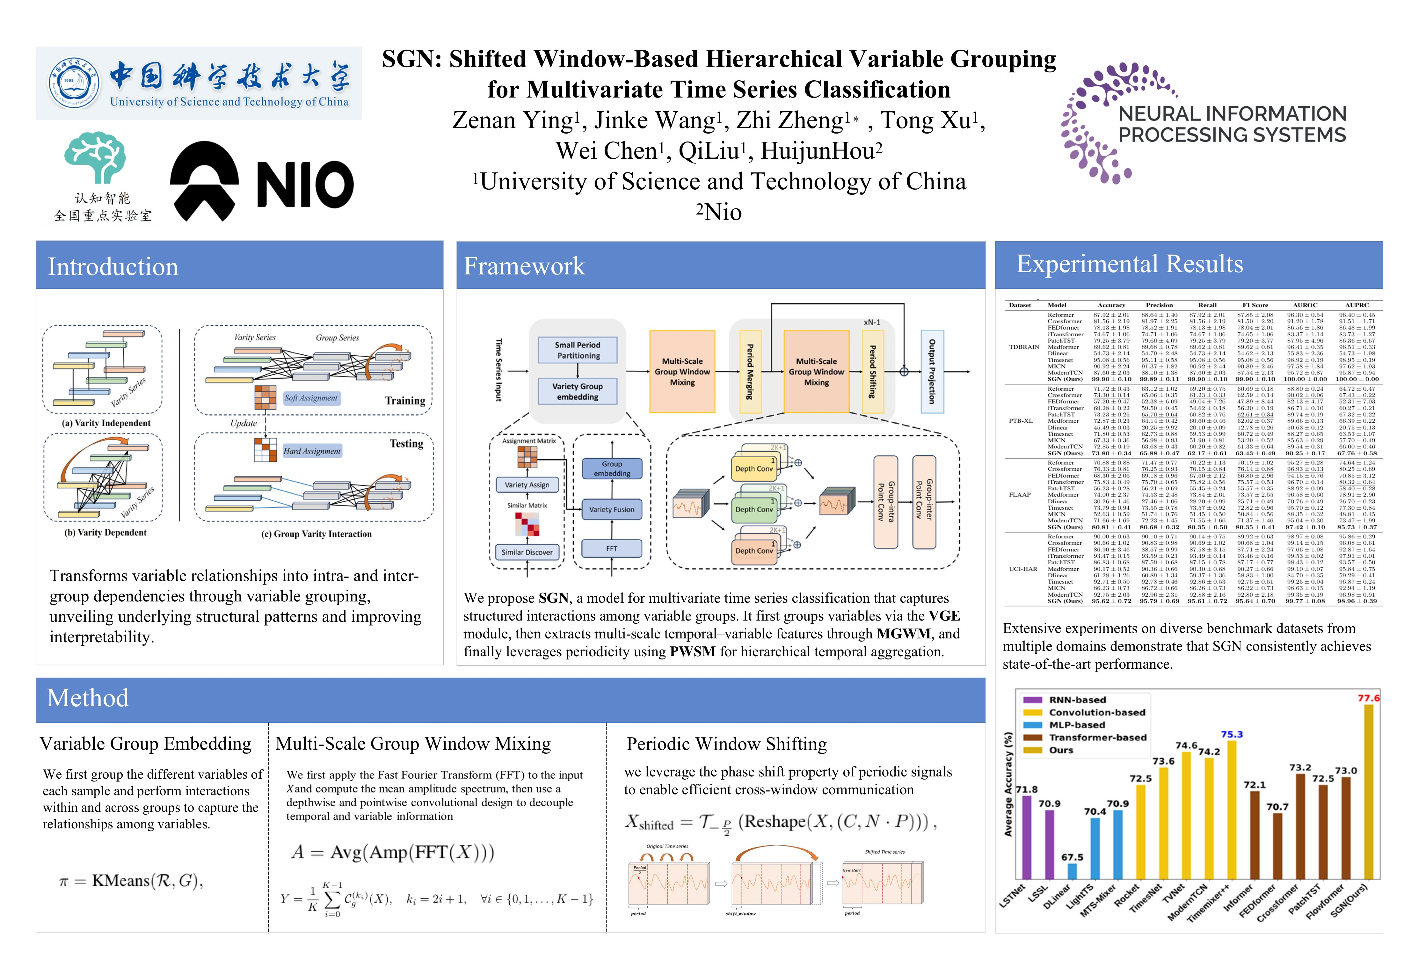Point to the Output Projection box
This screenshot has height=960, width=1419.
(932, 371)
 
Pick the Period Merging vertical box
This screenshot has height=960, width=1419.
(750, 371)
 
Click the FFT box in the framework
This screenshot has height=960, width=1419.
(611, 548)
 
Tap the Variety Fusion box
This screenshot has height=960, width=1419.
(611, 509)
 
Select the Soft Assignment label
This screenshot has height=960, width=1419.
(311, 398)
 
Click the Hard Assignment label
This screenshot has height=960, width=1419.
(312, 451)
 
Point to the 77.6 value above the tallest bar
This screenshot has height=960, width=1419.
(1368, 698)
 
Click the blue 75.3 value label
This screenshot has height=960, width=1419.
(1232, 734)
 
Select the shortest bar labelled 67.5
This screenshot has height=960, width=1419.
(1072, 871)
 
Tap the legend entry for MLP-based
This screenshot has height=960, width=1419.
(1076, 725)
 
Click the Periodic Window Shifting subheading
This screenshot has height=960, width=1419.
(727, 744)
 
